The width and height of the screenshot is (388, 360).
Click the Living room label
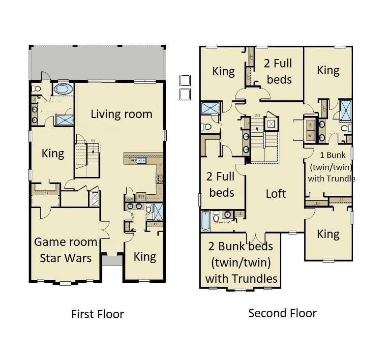(121, 114)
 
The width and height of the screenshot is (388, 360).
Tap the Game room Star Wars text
(65, 250)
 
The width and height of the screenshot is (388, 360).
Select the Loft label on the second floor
(275, 193)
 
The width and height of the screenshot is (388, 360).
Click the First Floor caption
(97, 314)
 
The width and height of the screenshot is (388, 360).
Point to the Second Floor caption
(282, 313)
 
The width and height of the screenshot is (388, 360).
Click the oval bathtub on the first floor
(62, 90)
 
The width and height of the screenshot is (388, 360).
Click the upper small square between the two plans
(185, 81)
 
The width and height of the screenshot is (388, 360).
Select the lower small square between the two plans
(185, 94)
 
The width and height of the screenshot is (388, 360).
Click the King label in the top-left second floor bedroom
(223, 71)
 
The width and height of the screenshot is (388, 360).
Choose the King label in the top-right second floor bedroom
(328, 70)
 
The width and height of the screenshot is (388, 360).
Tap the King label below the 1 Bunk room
(328, 234)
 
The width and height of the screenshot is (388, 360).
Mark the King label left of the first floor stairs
(53, 153)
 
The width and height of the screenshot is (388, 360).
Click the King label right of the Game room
(145, 256)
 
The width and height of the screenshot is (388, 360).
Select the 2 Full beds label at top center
(278, 71)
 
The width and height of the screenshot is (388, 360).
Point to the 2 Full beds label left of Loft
(221, 184)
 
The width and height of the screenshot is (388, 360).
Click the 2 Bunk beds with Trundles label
(241, 262)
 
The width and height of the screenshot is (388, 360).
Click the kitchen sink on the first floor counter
(141, 160)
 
